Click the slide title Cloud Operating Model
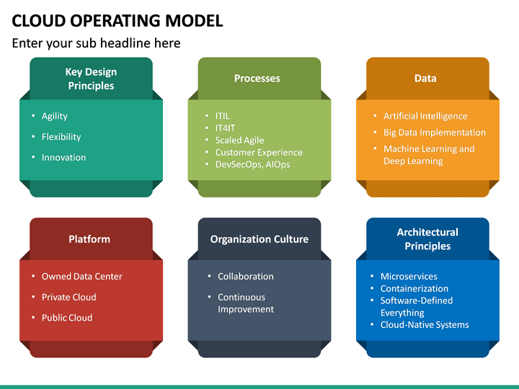coord(117,20)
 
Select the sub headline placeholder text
coord(96,43)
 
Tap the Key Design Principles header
coord(91,79)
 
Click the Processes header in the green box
coord(257,79)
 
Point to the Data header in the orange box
coord(425,79)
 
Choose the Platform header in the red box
coord(89,239)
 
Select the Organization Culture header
coord(259,239)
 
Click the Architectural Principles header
coord(427,239)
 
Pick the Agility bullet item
coord(55,116)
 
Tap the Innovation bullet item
coord(63,158)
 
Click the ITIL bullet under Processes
coord(223,116)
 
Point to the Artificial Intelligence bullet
coord(425,116)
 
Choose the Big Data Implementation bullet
coord(434,133)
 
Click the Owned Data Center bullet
coord(81,277)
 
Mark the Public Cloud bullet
coord(67,318)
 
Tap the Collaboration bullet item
coord(246,277)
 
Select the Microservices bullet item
coord(409,277)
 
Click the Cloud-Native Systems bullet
coord(425,325)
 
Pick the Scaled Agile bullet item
coord(239,140)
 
